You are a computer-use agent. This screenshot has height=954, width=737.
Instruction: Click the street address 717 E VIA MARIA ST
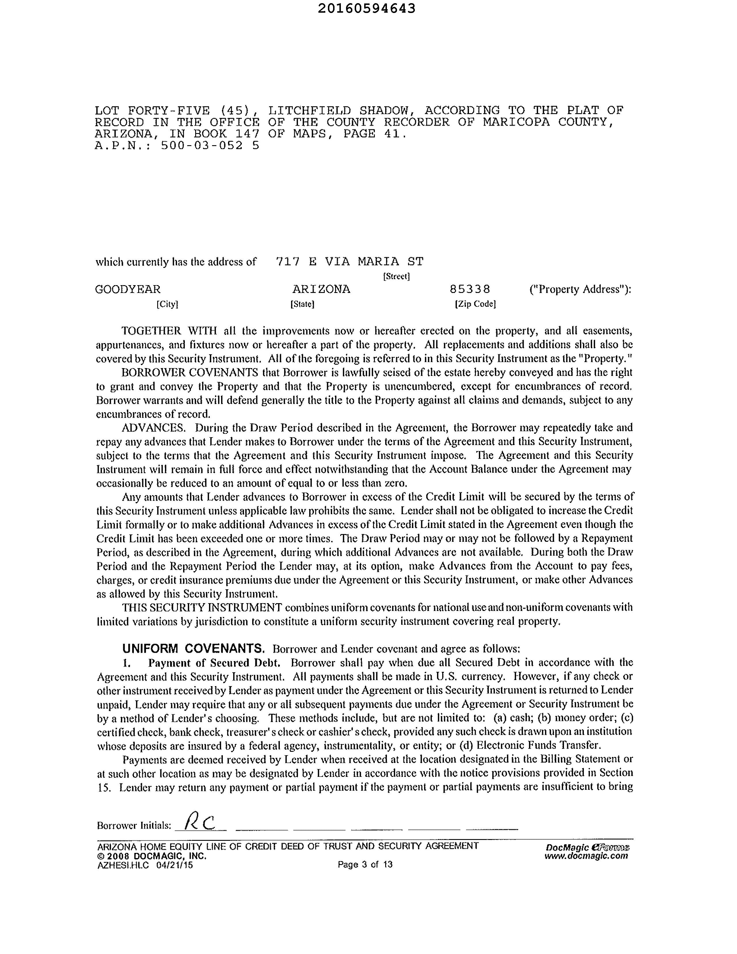click(x=349, y=262)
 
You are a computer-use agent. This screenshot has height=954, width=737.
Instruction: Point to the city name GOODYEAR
click(x=128, y=289)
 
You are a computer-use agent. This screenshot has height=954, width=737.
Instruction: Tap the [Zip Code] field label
click(x=475, y=304)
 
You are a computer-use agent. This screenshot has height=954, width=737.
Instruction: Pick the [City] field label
click(x=167, y=304)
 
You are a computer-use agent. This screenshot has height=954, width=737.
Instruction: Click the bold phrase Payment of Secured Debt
click(x=214, y=663)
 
